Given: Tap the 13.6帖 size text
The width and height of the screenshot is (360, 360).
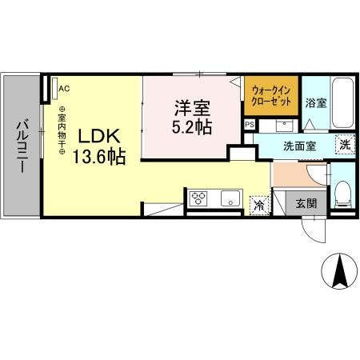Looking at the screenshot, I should (99, 157).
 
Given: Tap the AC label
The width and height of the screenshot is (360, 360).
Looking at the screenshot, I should (64, 89).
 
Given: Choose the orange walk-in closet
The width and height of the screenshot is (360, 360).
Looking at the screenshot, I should (273, 97).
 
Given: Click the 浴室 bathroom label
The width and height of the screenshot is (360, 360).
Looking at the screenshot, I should (315, 103).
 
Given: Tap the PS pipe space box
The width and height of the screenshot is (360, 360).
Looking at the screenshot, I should (250, 125).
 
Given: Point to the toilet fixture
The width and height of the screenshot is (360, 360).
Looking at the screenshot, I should (342, 190).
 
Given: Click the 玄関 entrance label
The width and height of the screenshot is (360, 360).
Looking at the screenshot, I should (306, 203).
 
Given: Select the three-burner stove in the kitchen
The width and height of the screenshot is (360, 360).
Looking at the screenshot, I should (198, 198).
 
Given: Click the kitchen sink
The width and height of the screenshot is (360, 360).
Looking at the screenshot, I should (228, 198).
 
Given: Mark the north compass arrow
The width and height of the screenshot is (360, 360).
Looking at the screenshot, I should (339, 274).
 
